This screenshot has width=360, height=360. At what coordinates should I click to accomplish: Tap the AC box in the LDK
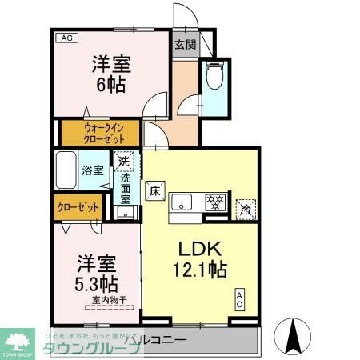coord(239,299)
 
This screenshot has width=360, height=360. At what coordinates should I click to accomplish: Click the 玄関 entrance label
coord(184,45)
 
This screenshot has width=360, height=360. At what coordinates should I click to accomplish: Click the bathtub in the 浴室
coord(67,169)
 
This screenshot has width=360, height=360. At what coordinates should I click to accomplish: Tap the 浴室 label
coord(93,170)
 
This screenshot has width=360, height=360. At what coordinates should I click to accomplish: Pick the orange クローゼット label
coord(78,207)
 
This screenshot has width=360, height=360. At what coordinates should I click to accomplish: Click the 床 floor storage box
coord(155,190)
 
